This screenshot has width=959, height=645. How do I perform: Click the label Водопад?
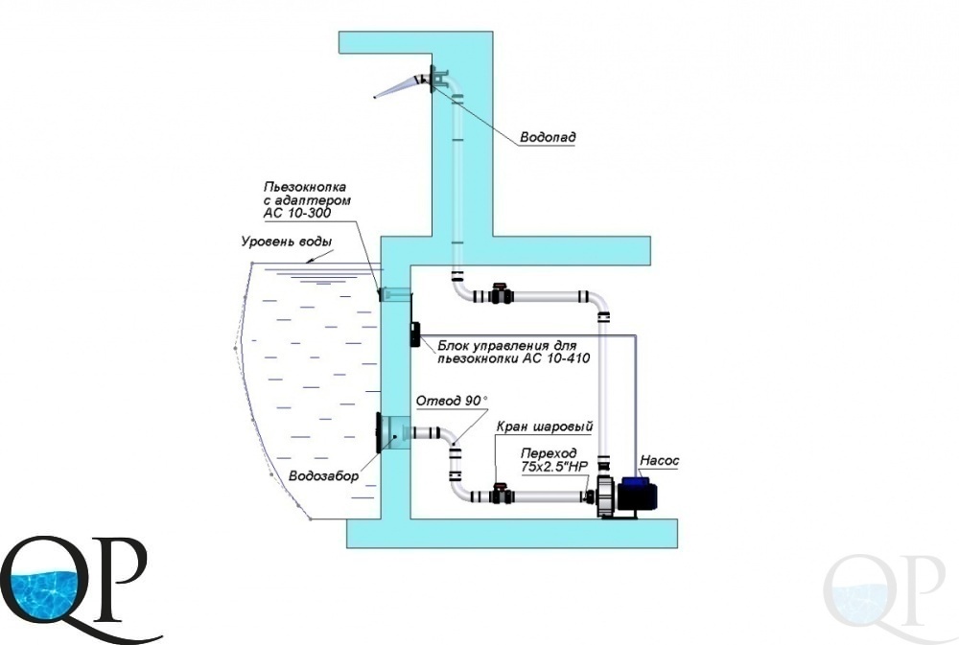[x=548, y=137]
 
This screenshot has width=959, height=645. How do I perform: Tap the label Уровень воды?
[x=287, y=242]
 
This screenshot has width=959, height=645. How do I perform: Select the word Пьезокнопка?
[x=305, y=187]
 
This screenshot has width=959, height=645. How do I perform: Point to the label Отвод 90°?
[x=452, y=401]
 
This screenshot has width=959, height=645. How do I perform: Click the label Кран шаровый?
[x=545, y=426]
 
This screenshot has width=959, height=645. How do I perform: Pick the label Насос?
[x=660, y=461]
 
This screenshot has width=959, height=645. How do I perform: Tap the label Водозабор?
[x=323, y=476]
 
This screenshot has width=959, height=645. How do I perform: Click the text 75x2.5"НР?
[x=553, y=467]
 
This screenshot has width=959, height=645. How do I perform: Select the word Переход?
[x=548, y=453]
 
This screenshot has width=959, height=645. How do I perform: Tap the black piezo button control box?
[x=414, y=335]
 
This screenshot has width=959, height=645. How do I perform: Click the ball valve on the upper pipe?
[x=501, y=294]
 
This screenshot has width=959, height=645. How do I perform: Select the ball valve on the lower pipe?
[x=500, y=493]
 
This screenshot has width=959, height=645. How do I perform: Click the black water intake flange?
[x=379, y=433]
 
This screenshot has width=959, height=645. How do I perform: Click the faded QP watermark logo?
[x=885, y=592]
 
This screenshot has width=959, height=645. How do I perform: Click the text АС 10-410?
[x=556, y=358]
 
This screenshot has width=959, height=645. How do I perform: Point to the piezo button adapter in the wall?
[x=393, y=294]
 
